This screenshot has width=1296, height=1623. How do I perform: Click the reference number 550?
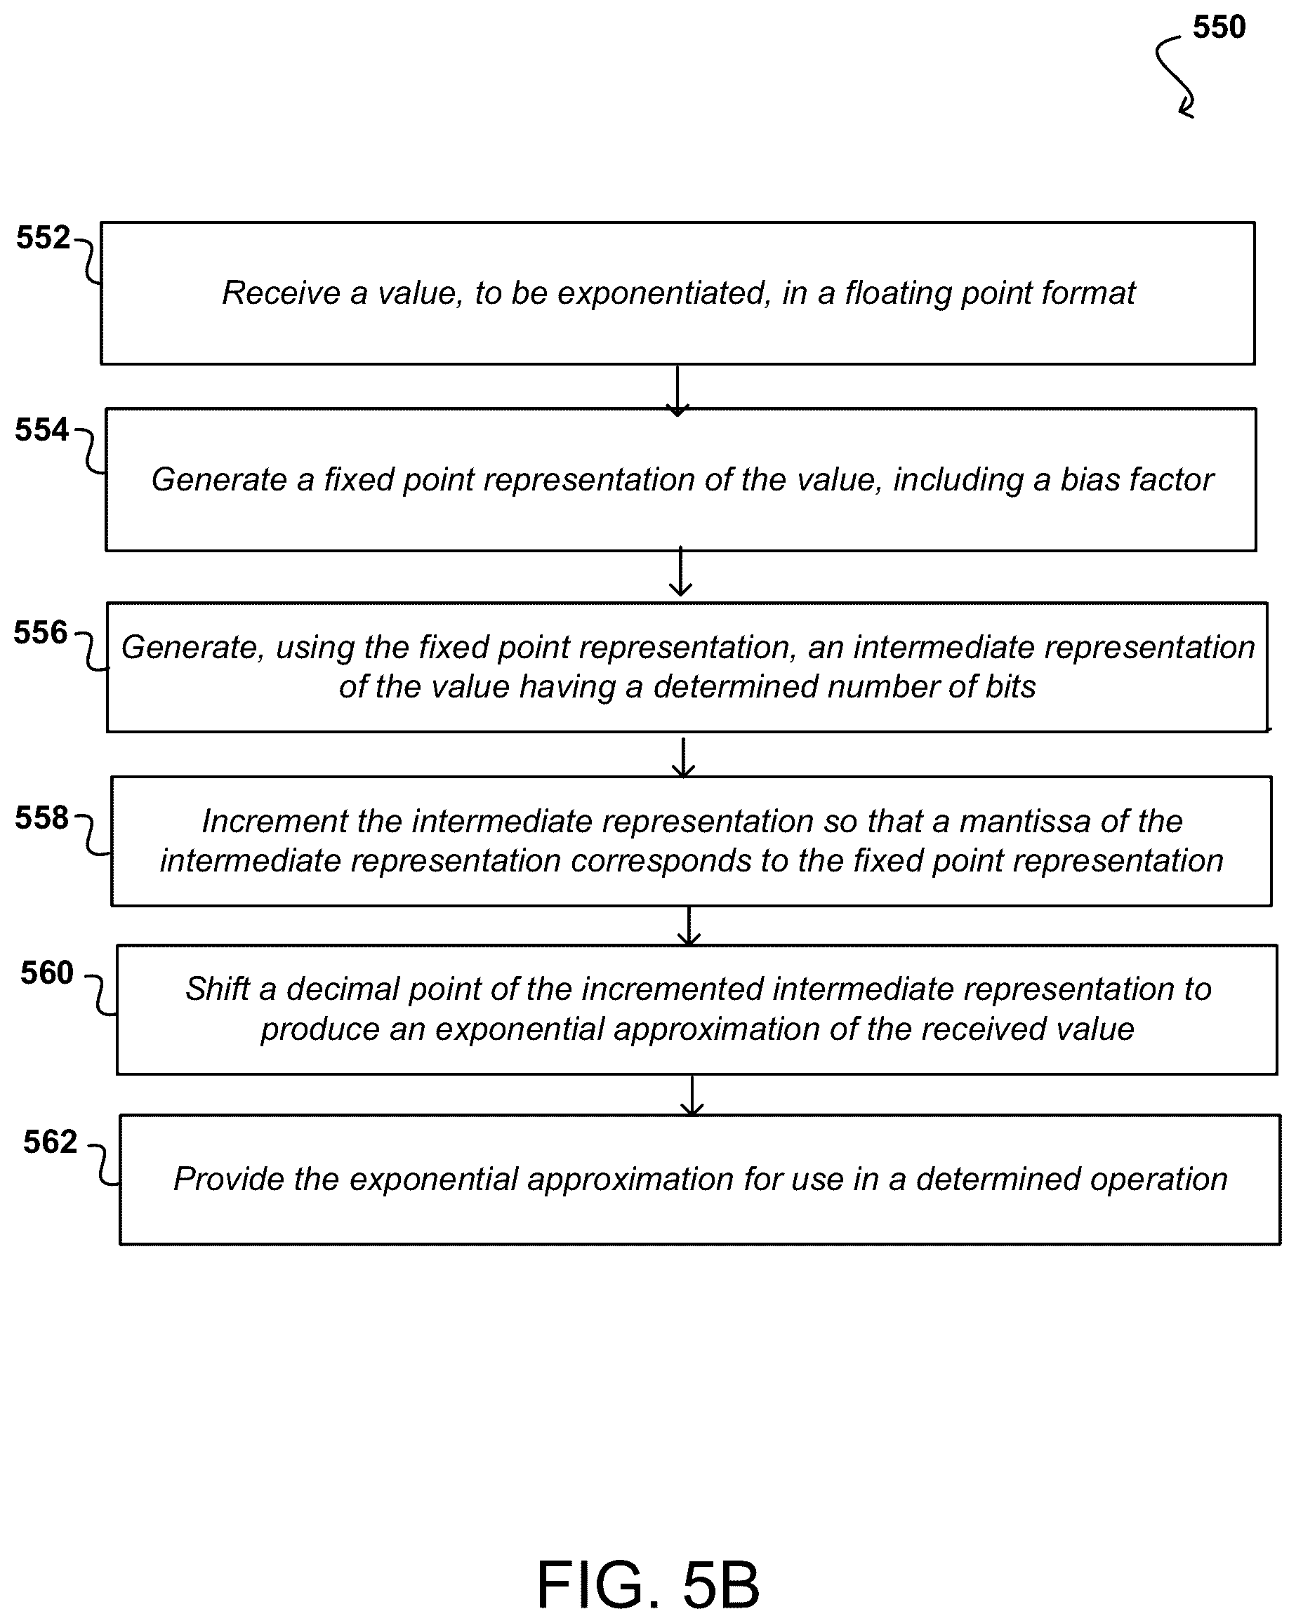click(1219, 27)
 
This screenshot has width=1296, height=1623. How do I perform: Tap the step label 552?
click(43, 238)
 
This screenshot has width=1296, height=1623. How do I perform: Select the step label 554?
click(41, 430)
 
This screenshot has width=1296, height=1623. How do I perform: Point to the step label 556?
click(41, 632)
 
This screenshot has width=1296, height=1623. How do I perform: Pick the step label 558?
click(41, 817)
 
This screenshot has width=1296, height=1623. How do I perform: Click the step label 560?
click(47, 973)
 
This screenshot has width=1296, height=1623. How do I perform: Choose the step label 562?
click(50, 1142)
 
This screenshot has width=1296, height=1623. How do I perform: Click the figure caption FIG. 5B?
click(647, 1584)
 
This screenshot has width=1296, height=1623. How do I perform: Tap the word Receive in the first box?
click(281, 293)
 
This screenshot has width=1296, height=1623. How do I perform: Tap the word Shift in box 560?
click(218, 989)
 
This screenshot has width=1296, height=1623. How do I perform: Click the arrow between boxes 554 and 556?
click(681, 571)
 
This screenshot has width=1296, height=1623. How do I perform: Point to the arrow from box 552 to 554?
click(677, 391)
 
